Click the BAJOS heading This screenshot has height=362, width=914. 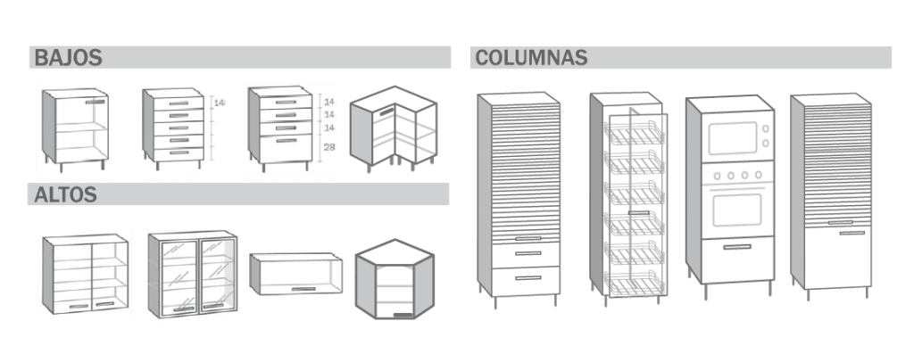[x=68, y=58]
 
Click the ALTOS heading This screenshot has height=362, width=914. [x=65, y=195]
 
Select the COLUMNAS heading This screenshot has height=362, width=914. [x=531, y=58]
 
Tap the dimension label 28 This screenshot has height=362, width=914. [x=328, y=147]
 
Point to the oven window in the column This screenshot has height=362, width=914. [x=737, y=210]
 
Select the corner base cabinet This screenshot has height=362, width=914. [x=394, y=128]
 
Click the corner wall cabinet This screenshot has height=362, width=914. [x=395, y=279]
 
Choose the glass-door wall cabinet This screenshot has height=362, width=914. [x=193, y=274]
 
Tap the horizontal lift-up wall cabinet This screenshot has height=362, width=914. [x=296, y=274]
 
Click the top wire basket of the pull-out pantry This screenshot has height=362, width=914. [x=635, y=134]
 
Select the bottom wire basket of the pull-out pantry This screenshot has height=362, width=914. [x=635, y=284]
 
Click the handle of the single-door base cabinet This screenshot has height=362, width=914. [x=96, y=102]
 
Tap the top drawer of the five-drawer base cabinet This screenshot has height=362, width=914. [x=179, y=103]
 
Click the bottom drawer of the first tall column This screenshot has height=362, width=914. [x=526, y=281]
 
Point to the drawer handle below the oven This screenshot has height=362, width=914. [x=736, y=247]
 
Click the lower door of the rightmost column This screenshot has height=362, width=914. [x=837, y=257]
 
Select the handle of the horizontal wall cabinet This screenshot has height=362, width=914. [x=303, y=289]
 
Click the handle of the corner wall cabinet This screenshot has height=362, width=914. [x=403, y=315]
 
